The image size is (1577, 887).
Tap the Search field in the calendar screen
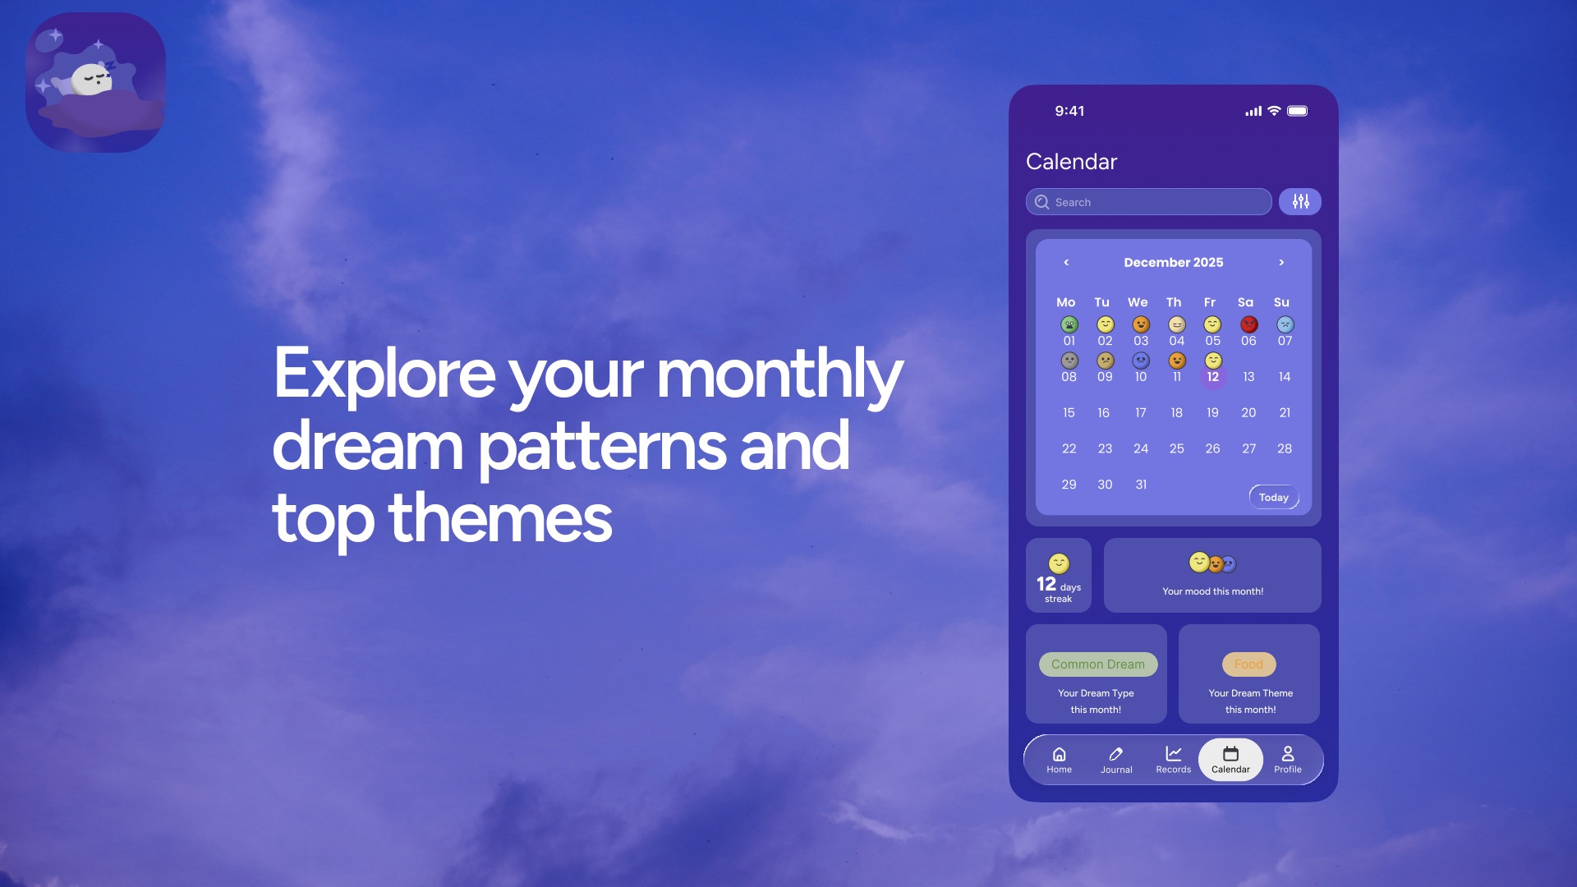(1148, 202)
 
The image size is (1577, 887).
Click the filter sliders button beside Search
(1300, 202)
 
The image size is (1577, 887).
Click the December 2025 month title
(1173, 262)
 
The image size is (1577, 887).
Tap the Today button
(1274, 497)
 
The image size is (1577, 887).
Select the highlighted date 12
(1212, 377)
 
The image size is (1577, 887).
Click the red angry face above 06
(1248, 324)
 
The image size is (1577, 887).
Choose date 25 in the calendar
(1176, 448)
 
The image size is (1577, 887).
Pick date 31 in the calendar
(1141, 485)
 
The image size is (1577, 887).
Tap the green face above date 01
(1069, 324)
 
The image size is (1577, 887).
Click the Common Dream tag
(1097, 664)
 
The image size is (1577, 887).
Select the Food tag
(1248, 664)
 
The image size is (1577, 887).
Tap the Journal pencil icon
(1116, 754)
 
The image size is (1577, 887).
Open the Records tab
(1173, 760)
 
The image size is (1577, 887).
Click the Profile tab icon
(1288, 753)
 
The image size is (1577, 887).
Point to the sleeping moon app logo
(96, 82)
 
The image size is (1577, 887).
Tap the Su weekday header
(1281, 302)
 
